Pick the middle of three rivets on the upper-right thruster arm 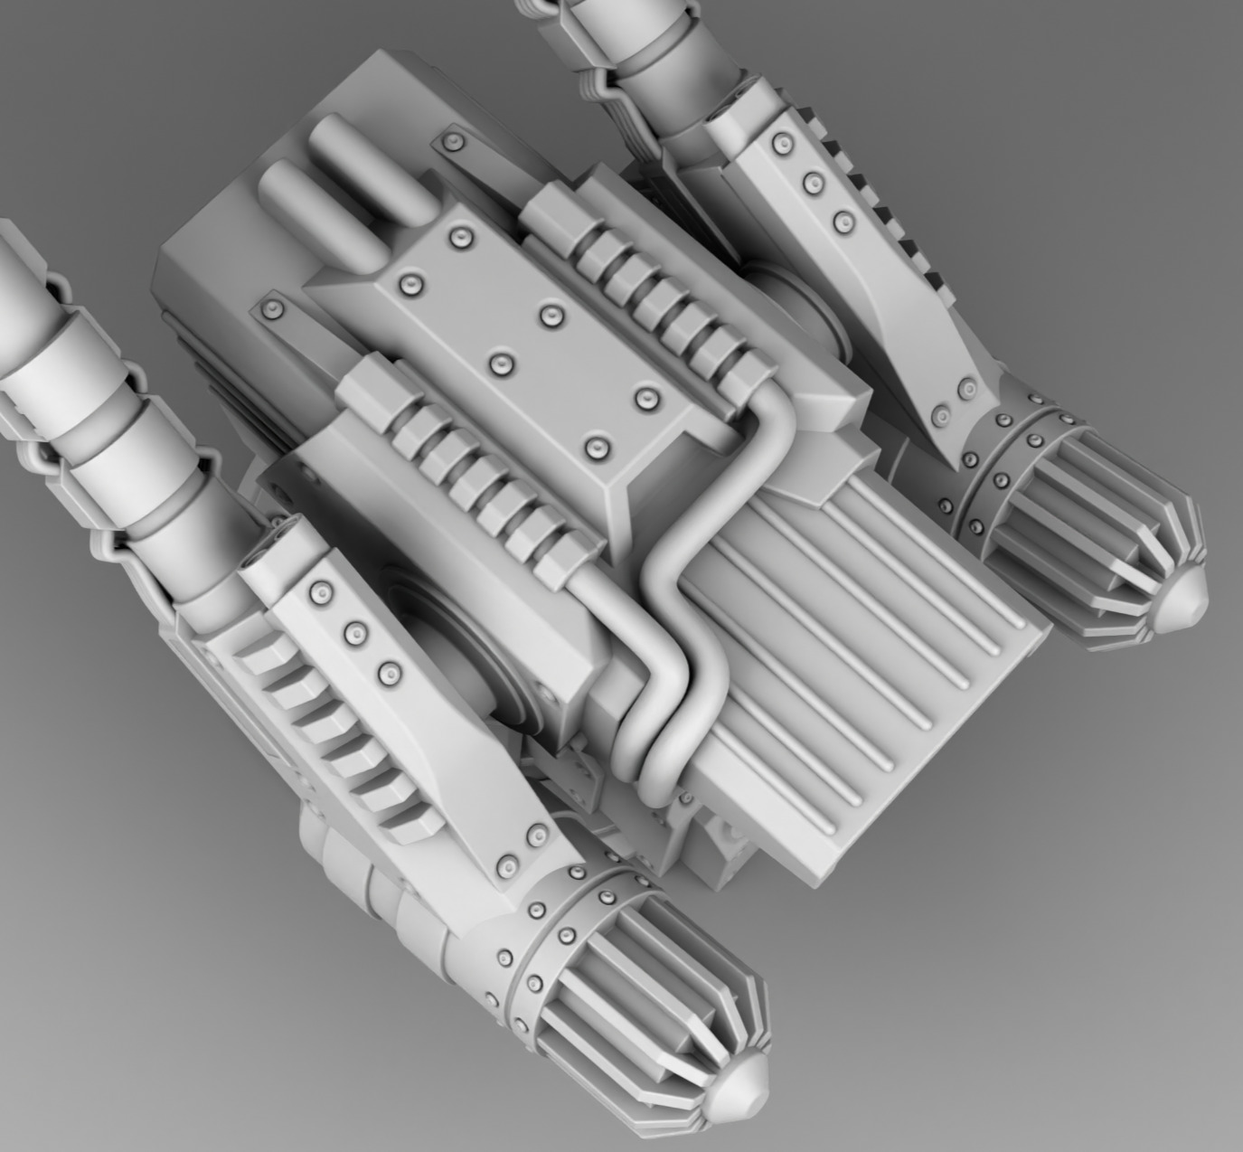(814, 183)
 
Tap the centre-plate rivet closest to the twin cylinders (464, 238)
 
